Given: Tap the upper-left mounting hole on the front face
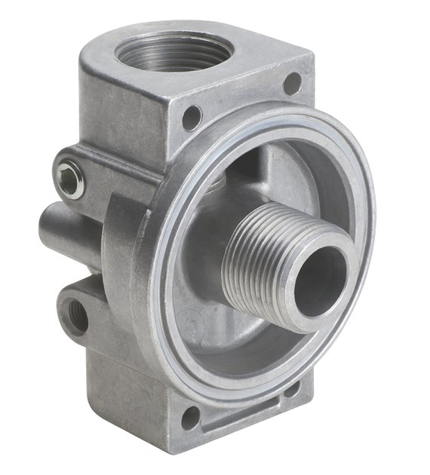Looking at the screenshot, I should click(192, 118).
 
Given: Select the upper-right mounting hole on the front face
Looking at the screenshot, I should click(293, 83).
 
